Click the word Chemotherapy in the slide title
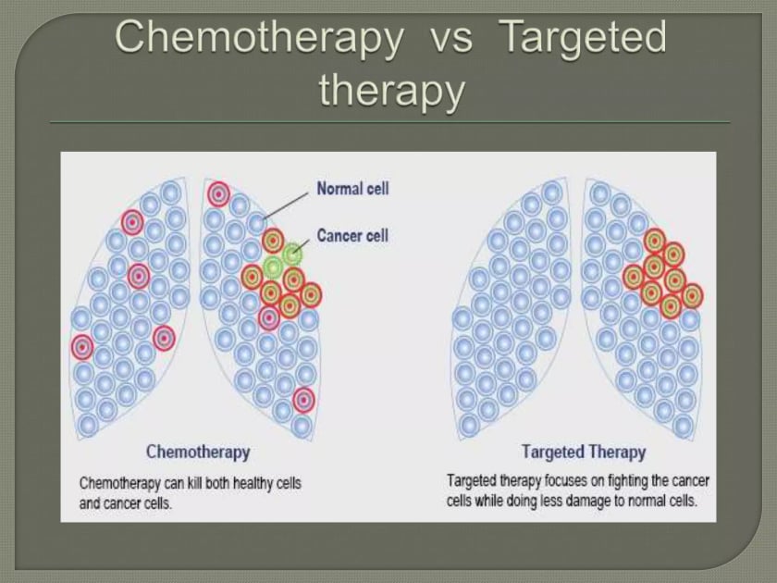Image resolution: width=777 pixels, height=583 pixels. coord(260,39)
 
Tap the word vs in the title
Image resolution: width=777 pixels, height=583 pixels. coord(450,39)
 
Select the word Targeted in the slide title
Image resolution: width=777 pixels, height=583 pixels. coord(583,39)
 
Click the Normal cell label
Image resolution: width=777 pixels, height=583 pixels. coord(352,189)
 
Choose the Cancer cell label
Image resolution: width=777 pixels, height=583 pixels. coord(352,235)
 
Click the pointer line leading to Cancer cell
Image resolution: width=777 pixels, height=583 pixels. coord(303,242)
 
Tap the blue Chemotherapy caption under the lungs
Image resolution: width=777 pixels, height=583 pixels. coord(198,453)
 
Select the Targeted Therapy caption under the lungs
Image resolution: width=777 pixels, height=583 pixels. coord(584,453)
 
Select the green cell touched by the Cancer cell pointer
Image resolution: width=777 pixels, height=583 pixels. coord(292,253)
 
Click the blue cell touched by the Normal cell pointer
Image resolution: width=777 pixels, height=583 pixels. coord(258,223)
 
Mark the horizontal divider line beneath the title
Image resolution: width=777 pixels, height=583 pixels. coord(388,122)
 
